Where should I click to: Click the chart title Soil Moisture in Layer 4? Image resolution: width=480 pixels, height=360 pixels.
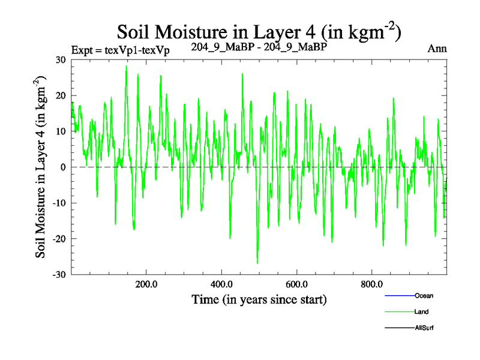(x=258, y=31)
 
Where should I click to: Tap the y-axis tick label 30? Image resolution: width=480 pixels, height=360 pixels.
(x=60, y=59)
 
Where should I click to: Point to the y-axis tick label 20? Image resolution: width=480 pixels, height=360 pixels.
(x=60, y=95)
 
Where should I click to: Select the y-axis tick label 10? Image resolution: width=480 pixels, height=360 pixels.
(x=60, y=131)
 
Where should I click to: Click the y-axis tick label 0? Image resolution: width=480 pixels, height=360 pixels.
(x=62, y=167)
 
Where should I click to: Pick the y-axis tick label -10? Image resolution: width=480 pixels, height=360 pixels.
(x=59, y=203)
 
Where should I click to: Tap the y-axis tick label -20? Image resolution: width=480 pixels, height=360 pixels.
(x=59, y=239)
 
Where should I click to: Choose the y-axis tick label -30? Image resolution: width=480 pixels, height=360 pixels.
(x=59, y=275)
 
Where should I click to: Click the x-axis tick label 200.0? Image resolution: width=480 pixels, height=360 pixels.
(x=146, y=284)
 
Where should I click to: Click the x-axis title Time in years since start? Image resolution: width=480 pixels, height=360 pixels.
(x=259, y=299)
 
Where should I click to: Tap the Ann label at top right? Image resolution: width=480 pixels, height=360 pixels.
(x=437, y=49)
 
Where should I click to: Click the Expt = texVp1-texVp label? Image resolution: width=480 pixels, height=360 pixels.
(x=120, y=50)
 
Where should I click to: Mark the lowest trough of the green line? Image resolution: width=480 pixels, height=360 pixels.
(x=257, y=263)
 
